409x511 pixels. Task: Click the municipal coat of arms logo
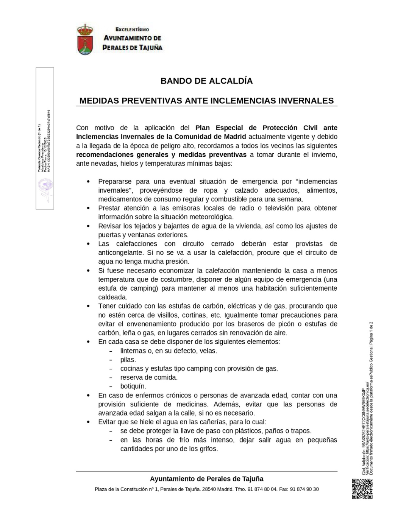[85, 39]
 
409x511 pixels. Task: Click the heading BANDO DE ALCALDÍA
[206, 81]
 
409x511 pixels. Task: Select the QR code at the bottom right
[362, 489]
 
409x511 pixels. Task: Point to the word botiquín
[133, 386]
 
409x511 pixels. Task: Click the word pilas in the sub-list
[128, 360]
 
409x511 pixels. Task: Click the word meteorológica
[212, 217]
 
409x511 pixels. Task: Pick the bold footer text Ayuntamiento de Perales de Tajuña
[206, 479]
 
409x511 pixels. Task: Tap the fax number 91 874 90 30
[304, 489]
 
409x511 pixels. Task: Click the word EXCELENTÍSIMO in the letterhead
[132, 30]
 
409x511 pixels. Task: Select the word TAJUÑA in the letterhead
[150, 48]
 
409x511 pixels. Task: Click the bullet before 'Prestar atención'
[88, 208]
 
